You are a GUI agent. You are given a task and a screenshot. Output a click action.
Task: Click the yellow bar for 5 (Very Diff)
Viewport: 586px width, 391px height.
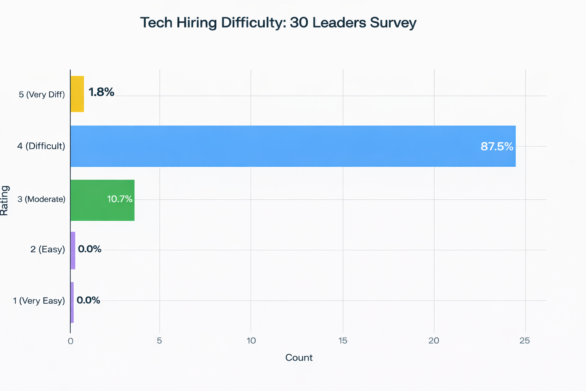click(x=77, y=94)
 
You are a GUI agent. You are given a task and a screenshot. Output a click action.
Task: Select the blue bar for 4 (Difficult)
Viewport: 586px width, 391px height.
click(x=293, y=146)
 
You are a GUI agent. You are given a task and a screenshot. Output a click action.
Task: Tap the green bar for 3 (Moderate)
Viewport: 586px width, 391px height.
click(x=102, y=200)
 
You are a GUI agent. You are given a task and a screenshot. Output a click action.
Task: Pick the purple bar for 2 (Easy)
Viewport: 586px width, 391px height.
click(x=73, y=250)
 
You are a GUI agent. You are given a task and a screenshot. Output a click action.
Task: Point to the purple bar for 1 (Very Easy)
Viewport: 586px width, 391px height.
click(x=72, y=302)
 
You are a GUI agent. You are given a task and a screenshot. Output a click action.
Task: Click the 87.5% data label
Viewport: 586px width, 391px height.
click(x=497, y=147)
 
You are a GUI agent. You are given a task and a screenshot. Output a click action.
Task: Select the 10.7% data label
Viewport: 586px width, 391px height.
click(x=120, y=199)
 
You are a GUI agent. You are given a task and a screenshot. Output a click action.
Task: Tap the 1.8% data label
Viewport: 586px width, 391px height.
click(x=101, y=92)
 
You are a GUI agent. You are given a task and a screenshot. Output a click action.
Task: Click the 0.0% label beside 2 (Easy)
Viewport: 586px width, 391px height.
click(x=90, y=249)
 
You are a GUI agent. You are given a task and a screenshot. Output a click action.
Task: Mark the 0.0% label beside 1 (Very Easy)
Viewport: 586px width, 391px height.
click(x=88, y=300)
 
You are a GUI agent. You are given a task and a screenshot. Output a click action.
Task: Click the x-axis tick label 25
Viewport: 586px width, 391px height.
click(x=525, y=341)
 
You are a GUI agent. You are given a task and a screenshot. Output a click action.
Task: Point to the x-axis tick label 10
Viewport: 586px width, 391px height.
click(x=251, y=341)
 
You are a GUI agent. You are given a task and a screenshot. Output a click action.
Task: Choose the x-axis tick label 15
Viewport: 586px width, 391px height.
click(x=343, y=341)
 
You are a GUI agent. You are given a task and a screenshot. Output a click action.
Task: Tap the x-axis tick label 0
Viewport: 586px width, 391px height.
click(x=71, y=341)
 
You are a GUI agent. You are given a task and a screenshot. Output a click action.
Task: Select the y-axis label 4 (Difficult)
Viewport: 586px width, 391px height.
click(x=41, y=146)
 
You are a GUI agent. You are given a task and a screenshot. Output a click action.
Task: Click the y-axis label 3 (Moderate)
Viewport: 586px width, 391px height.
click(x=42, y=199)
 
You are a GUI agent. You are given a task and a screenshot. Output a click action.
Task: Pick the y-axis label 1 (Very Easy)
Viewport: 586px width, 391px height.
click(x=39, y=301)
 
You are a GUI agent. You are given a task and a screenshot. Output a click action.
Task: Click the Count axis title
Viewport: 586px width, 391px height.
click(x=299, y=358)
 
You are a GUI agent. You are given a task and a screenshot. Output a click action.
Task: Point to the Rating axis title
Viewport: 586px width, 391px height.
click(x=5, y=200)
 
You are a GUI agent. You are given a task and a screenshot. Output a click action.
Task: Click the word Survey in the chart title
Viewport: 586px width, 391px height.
click(x=393, y=23)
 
